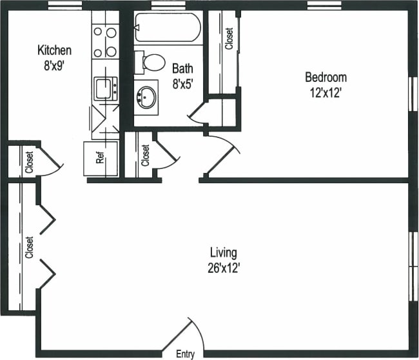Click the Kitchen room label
click(x=54, y=50)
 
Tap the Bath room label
click(x=182, y=67)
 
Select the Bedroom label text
click(x=326, y=77)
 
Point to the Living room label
click(x=224, y=252)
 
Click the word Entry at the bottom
click(x=186, y=354)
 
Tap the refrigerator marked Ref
click(x=101, y=158)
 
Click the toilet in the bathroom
click(x=153, y=63)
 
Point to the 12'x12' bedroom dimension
click(x=326, y=92)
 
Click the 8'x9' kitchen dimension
click(x=54, y=64)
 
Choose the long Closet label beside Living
click(x=29, y=247)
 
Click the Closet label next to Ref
click(x=146, y=155)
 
